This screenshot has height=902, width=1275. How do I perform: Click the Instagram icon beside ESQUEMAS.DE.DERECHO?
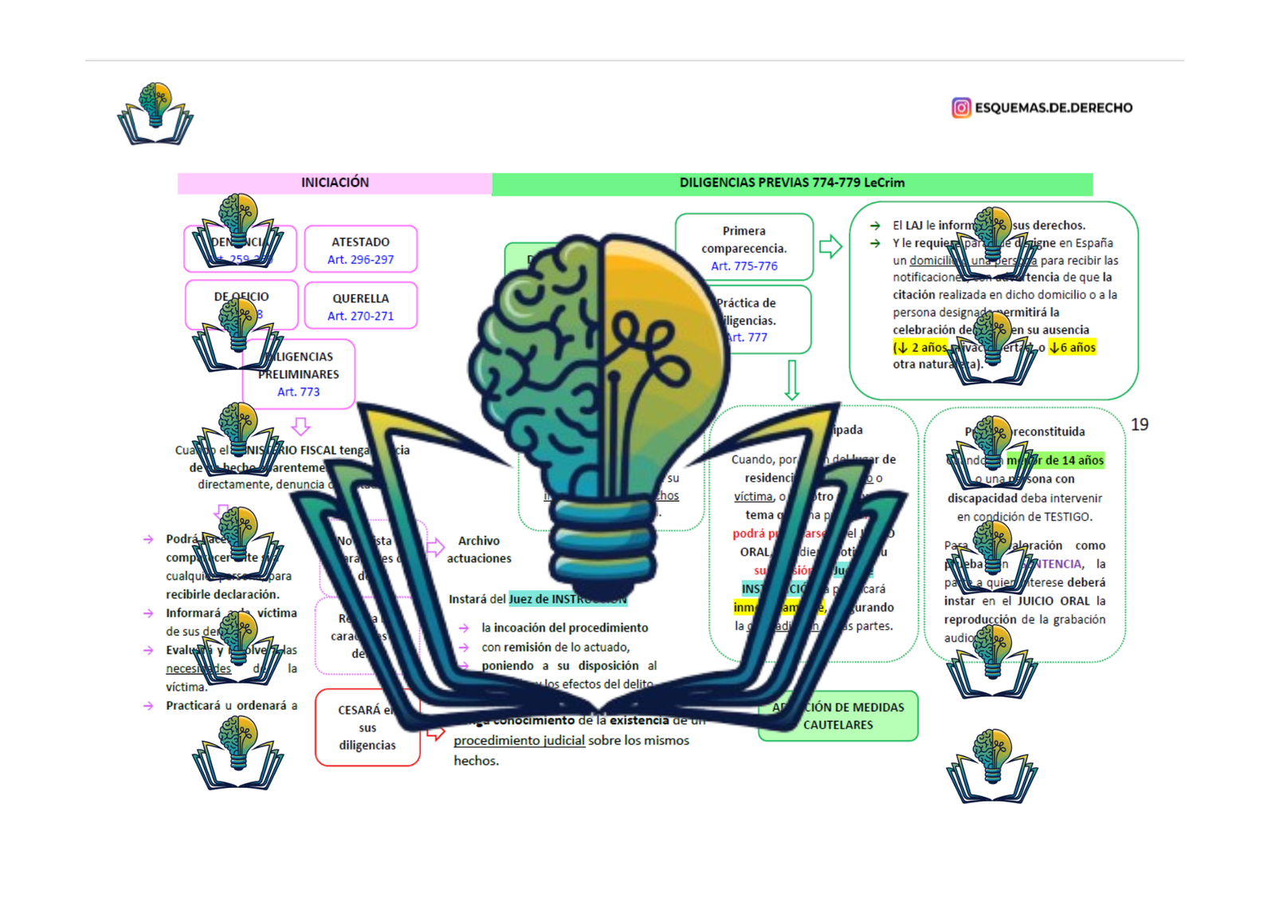click(x=961, y=108)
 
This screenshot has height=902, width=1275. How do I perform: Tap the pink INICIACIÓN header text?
click(x=335, y=183)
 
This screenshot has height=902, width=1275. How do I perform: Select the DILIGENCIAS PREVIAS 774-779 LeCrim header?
click(x=791, y=183)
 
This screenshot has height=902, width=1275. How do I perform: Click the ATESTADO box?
click(x=360, y=249)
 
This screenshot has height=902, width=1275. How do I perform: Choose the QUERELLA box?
click(x=360, y=305)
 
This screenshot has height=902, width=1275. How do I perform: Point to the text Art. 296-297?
click(x=360, y=260)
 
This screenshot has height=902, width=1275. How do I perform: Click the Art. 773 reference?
click(x=298, y=392)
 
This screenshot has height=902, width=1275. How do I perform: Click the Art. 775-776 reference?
click(x=744, y=266)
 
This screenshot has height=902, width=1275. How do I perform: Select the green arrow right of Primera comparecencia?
click(x=830, y=246)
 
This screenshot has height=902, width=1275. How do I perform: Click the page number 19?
click(x=1140, y=425)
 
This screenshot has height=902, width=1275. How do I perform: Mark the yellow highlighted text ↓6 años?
click(x=1073, y=348)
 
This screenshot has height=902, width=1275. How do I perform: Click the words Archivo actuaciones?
click(x=479, y=549)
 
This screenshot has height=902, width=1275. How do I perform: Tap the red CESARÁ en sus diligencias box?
click(x=367, y=727)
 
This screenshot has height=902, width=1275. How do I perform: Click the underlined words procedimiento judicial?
click(x=519, y=741)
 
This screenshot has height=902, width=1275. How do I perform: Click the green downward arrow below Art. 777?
click(x=791, y=380)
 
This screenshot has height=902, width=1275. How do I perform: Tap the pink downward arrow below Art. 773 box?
click(x=300, y=426)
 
